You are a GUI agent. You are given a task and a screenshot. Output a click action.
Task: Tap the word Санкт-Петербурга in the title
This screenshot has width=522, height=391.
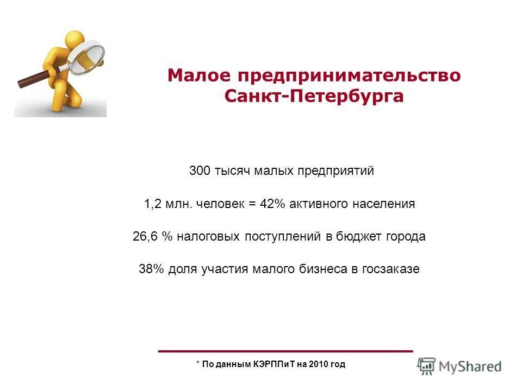(x=314, y=97)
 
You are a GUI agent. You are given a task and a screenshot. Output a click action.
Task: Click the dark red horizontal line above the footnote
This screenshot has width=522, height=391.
(x=285, y=351)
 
